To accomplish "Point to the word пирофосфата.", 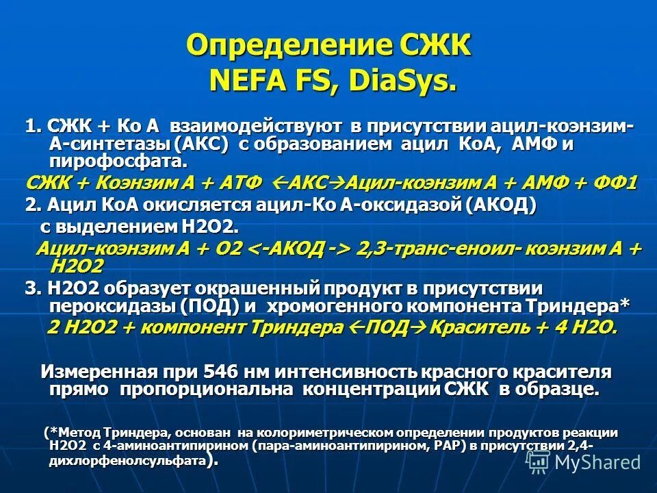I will (x=117, y=162).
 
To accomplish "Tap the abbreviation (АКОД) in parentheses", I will (x=502, y=205).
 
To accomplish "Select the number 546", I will (x=219, y=372).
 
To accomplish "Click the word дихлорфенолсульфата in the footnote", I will (x=127, y=462).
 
